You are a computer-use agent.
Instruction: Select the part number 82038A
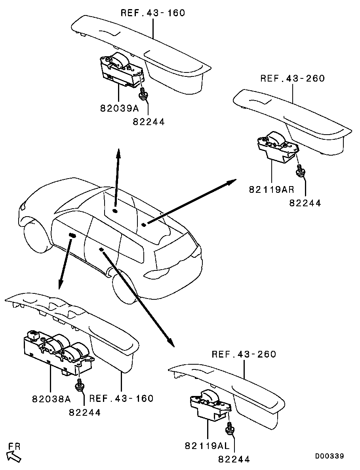[51, 399]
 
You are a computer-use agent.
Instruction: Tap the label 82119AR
[272, 189]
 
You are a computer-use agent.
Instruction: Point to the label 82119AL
[207, 446]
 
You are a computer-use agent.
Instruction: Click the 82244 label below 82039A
[149, 122]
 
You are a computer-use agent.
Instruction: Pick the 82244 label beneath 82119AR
[305, 203]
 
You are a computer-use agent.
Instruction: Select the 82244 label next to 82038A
[85, 412]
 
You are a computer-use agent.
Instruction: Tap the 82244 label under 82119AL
[234, 459]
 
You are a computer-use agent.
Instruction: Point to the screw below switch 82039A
[143, 93]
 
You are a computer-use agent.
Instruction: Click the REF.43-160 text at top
[153, 13]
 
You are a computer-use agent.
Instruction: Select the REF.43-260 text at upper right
[293, 78]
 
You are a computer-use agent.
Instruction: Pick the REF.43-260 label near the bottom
[244, 354]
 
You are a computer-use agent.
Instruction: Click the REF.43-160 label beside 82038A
[122, 398]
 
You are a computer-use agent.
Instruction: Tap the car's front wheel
[36, 237]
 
